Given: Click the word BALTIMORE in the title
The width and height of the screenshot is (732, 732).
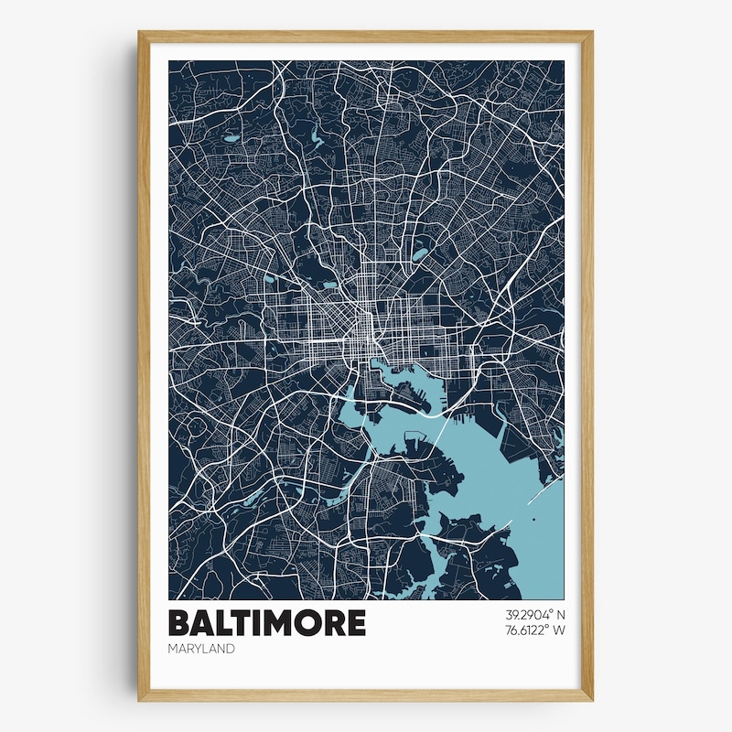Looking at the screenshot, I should click(267, 623).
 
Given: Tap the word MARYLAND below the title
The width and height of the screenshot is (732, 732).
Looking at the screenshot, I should click(201, 649).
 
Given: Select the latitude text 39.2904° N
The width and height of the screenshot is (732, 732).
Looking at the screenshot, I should click(534, 615).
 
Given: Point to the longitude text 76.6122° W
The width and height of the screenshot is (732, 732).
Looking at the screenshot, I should click(534, 630).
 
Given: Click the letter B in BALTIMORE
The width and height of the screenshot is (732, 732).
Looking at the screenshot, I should click(179, 623).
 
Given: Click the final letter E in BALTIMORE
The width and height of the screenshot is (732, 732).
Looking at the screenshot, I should click(355, 623).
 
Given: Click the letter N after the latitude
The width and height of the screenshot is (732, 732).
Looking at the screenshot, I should click(560, 615).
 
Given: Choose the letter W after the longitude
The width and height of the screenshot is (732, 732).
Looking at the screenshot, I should click(559, 630).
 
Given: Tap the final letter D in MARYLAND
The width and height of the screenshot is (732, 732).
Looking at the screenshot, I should click(230, 649).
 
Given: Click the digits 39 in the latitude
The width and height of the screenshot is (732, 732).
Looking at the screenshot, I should click(511, 615).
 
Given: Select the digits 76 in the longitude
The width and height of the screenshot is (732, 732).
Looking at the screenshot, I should click(511, 630).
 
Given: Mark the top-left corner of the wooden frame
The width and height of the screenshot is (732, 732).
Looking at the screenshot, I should click(140, 33).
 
